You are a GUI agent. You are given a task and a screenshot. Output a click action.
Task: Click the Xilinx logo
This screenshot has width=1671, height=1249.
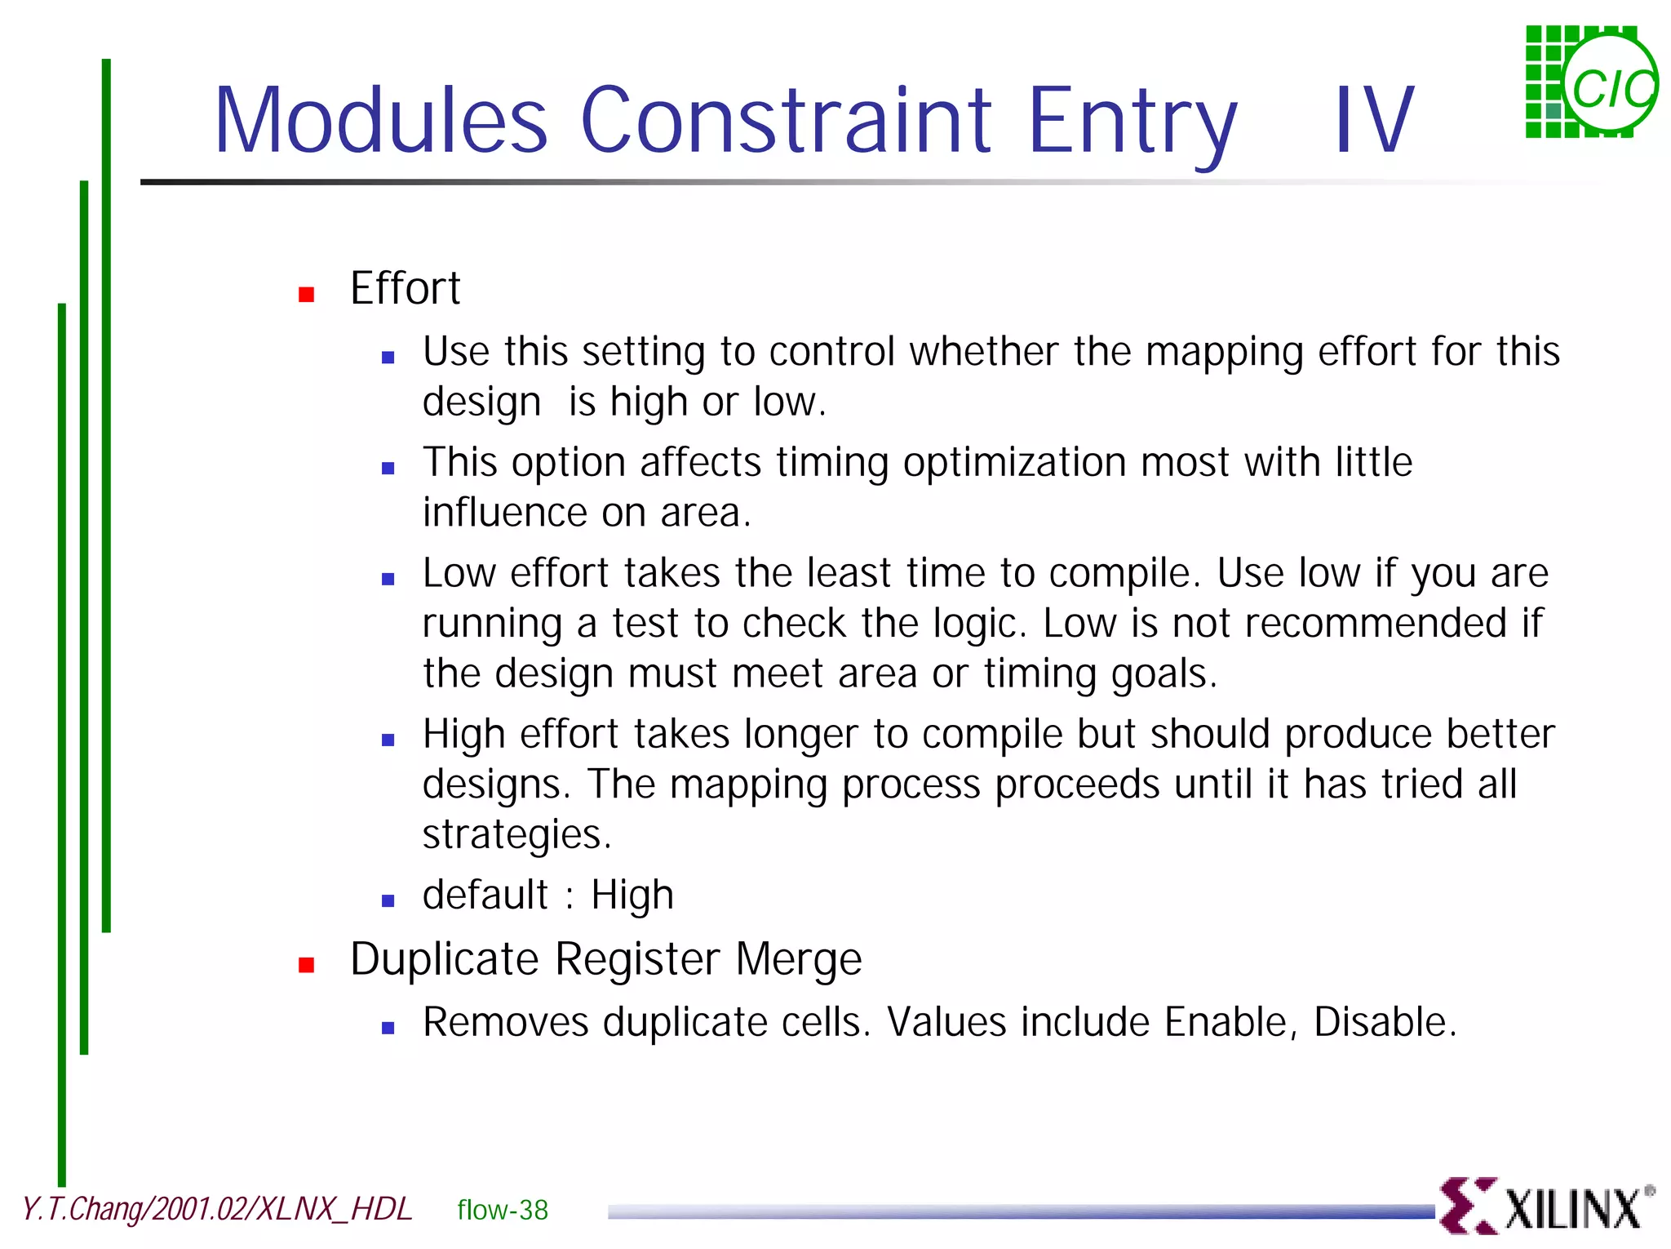(x=1546, y=1206)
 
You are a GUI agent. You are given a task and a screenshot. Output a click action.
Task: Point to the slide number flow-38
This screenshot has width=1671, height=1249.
(x=503, y=1210)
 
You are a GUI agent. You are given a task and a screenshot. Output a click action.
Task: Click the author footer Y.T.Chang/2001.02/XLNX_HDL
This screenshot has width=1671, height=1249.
(x=217, y=1209)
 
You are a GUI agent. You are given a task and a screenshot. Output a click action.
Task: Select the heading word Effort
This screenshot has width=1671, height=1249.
(x=405, y=289)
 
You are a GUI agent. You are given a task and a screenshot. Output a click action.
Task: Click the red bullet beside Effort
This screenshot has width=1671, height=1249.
(x=307, y=295)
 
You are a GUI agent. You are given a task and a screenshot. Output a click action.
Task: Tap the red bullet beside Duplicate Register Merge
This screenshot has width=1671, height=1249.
(x=307, y=966)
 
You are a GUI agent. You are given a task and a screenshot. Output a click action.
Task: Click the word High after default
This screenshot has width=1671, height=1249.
(x=632, y=895)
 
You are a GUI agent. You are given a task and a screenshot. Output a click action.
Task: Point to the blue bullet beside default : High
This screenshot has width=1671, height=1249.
(x=388, y=901)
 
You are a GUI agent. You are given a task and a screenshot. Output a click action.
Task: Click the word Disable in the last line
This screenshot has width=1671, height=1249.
(x=1385, y=1022)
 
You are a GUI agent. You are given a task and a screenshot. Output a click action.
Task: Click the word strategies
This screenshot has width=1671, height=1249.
(x=516, y=835)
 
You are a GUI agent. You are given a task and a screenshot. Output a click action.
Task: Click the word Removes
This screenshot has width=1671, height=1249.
(x=505, y=1022)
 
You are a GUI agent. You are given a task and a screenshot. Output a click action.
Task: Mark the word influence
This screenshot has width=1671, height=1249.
(x=504, y=513)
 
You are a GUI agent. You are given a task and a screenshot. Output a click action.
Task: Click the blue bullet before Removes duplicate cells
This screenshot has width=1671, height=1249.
(x=388, y=1029)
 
